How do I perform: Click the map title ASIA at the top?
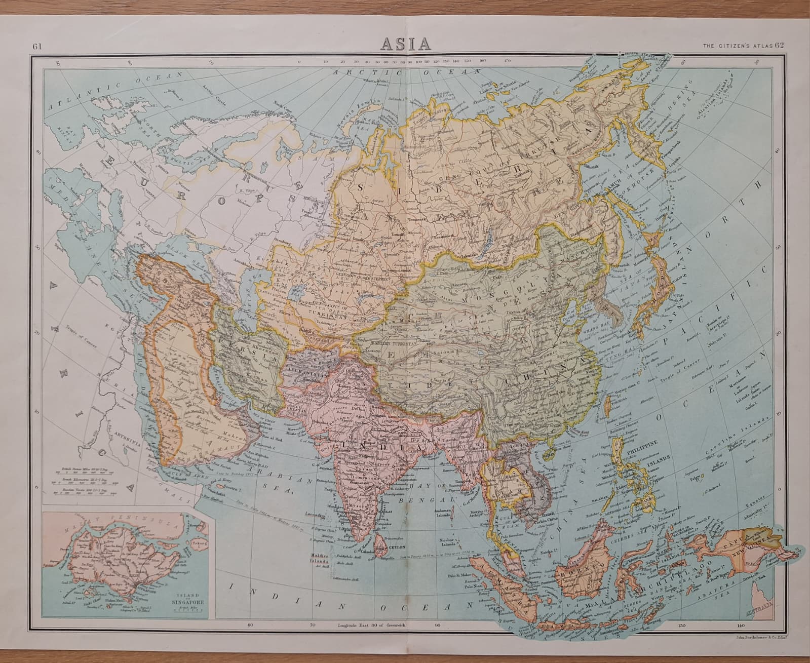coord(405,44)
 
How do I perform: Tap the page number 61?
coord(36,46)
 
